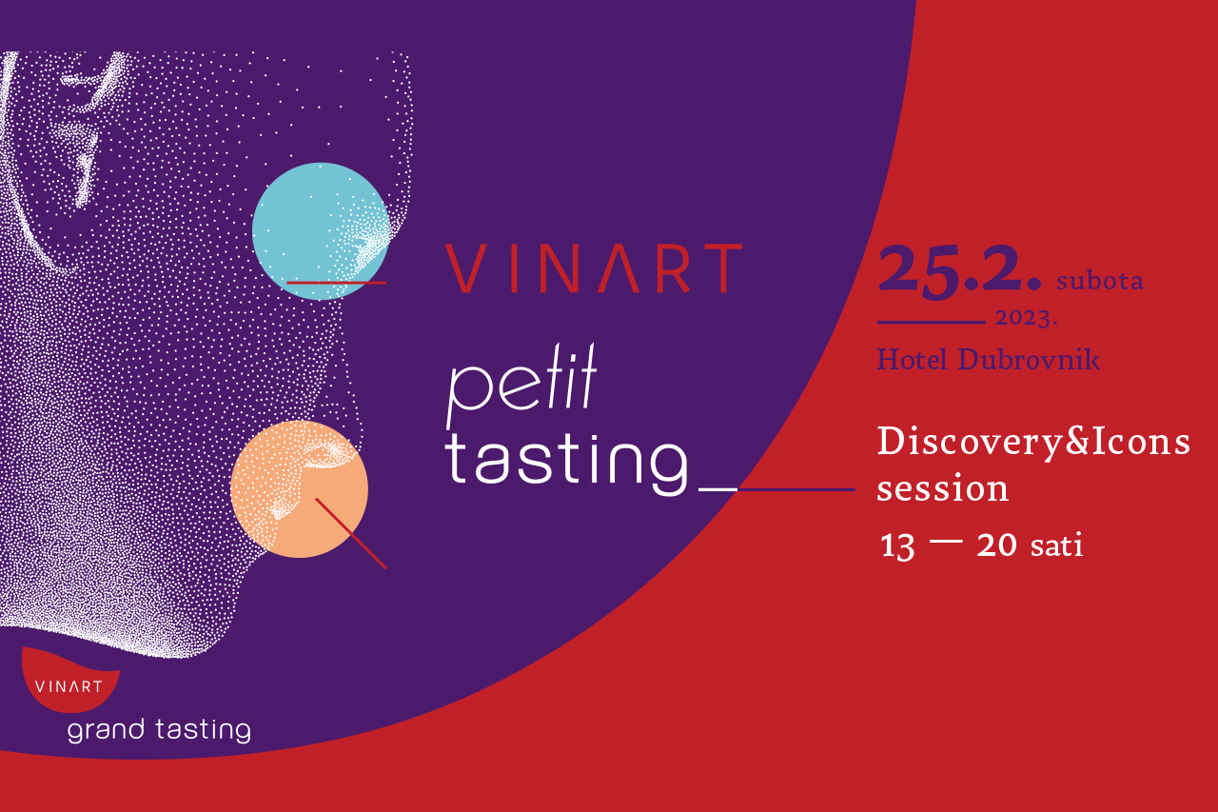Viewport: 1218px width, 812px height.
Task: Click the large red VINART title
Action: pyautogui.click(x=594, y=268)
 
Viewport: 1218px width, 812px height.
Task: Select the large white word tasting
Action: pyautogui.click(x=566, y=465)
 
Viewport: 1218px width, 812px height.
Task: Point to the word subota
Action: pyautogui.click(x=1099, y=280)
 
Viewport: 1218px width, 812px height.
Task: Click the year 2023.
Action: pyautogui.click(x=1026, y=318)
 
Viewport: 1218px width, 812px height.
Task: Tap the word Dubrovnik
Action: pyautogui.click(x=1029, y=360)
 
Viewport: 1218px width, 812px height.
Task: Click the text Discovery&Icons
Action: pyautogui.click(x=1033, y=442)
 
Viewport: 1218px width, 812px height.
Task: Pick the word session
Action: pyautogui.click(x=942, y=487)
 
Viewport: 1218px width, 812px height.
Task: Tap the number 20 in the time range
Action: pyautogui.click(x=996, y=545)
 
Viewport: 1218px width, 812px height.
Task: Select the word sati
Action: pyautogui.click(x=1056, y=545)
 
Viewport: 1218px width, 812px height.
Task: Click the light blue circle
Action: pyautogui.click(x=321, y=231)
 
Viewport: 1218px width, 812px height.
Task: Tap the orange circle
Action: pyautogui.click(x=299, y=489)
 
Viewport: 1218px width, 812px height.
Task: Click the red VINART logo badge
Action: pyautogui.click(x=70, y=680)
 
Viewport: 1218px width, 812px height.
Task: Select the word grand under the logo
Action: pyautogui.click(x=106, y=730)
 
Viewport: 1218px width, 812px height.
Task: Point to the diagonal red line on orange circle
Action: pyautogui.click(x=351, y=533)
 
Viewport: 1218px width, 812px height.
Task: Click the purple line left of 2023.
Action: pyautogui.click(x=932, y=323)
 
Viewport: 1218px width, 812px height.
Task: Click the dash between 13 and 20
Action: pyautogui.click(x=946, y=541)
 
